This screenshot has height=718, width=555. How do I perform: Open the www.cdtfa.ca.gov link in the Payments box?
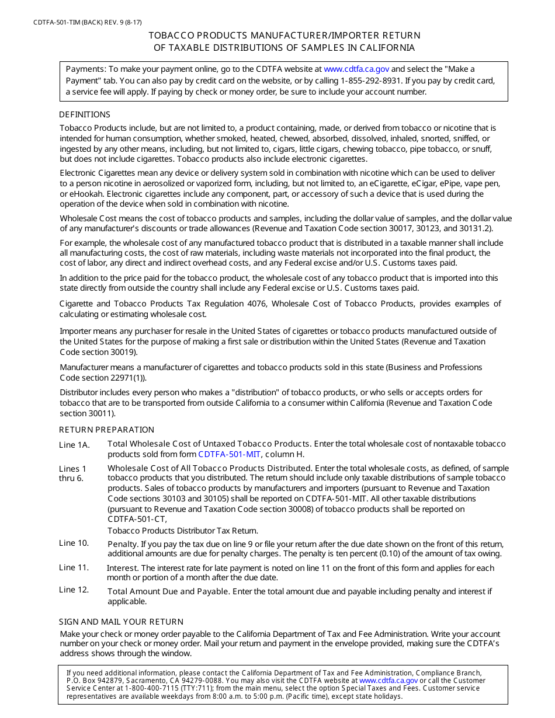point(356,69)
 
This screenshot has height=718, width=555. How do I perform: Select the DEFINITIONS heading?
point(85,114)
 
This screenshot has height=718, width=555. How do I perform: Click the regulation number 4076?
point(256,304)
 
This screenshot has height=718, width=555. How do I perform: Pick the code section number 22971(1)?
point(125,378)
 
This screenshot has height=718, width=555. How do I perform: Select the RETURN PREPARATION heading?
point(106,430)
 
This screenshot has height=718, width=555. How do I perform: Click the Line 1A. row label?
point(75,445)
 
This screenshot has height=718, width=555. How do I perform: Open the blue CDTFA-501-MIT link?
point(230,454)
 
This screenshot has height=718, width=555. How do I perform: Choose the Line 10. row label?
point(74,543)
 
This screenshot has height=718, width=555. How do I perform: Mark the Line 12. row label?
point(74,590)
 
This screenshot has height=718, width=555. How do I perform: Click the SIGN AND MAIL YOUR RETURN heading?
point(121,622)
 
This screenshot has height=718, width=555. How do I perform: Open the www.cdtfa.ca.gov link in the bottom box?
point(388,681)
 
